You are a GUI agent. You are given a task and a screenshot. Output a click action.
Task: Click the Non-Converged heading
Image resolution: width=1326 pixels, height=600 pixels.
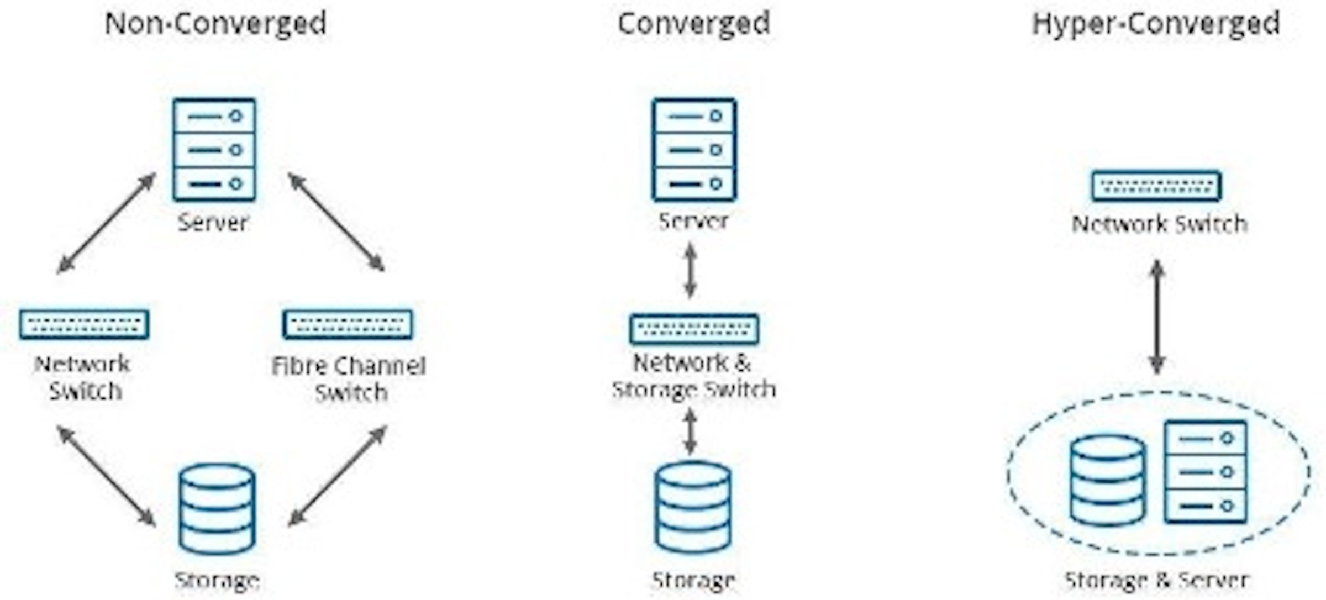(215, 24)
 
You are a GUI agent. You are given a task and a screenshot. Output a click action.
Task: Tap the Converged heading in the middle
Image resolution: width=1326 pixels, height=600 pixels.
(693, 24)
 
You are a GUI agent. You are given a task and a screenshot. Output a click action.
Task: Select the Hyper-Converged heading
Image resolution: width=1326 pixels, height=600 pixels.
(1156, 24)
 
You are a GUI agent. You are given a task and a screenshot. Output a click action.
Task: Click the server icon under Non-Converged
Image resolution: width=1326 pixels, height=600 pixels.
(214, 150)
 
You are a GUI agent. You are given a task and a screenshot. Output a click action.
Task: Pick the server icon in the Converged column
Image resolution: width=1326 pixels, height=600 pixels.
(694, 150)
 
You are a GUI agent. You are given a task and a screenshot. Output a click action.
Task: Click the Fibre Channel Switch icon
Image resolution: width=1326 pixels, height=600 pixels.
(348, 324)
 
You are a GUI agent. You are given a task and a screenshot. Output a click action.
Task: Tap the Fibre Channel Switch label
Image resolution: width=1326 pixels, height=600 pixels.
(349, 379)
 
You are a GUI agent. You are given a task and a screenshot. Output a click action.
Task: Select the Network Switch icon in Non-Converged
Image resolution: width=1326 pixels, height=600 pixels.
(84, 324)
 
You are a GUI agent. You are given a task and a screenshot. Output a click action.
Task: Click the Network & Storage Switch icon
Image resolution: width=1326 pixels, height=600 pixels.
(694, 329)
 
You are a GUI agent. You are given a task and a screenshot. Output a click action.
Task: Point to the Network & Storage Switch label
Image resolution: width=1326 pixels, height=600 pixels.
(693, 376)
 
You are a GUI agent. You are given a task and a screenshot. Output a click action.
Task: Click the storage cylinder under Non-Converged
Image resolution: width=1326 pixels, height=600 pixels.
(217, 509)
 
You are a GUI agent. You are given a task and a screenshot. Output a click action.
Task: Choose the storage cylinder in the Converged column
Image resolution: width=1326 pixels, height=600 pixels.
(693, 507)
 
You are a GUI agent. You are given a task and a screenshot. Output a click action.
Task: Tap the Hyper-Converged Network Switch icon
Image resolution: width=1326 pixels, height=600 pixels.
(1156, 186)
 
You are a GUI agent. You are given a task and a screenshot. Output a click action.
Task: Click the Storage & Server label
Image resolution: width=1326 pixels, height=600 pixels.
(1156, 580)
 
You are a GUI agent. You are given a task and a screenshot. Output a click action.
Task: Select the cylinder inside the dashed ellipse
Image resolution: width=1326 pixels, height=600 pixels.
(1107, 480)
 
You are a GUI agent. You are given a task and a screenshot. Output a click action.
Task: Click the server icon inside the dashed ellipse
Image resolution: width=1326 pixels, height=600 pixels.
(1206, 472)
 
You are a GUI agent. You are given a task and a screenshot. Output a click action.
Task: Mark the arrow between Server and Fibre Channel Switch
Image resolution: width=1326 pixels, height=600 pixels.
(336, 222)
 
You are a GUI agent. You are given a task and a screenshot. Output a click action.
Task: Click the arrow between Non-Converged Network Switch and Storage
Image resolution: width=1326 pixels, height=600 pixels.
(107, 476)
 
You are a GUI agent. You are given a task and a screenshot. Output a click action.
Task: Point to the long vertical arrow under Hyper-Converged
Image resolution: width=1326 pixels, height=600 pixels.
(1157, 317)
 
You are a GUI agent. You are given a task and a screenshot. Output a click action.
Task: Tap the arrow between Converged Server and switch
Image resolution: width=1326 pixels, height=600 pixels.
(690, 271)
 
